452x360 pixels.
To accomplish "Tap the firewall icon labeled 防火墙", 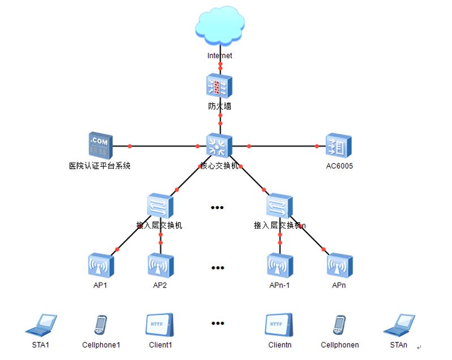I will click(219, 86).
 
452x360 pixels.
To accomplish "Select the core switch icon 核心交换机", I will click(219, 146).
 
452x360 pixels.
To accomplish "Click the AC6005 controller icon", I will click(339, 146).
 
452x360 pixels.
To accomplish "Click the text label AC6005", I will click(339, 166).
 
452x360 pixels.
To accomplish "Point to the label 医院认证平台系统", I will click(100, 166).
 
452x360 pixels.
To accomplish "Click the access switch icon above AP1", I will click(160, 206).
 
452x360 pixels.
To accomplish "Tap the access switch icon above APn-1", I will click(279, 206).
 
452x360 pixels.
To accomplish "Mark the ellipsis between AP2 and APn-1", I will click(218, 267).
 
